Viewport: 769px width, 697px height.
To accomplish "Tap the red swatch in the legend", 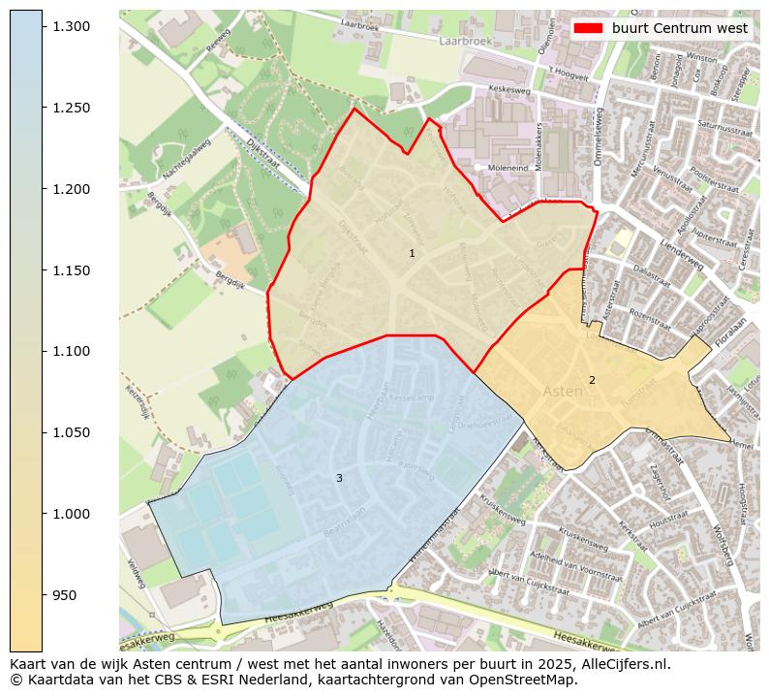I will (x=588, y=29).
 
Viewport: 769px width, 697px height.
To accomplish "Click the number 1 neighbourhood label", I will (x=412, y=253).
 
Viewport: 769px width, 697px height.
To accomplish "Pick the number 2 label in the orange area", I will (x=592, y=380).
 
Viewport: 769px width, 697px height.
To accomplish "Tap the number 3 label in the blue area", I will (x=339, y=478).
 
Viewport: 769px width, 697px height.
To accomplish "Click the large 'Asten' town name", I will (x=563, y=392).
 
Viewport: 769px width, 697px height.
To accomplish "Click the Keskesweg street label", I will (x=507, y=86).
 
